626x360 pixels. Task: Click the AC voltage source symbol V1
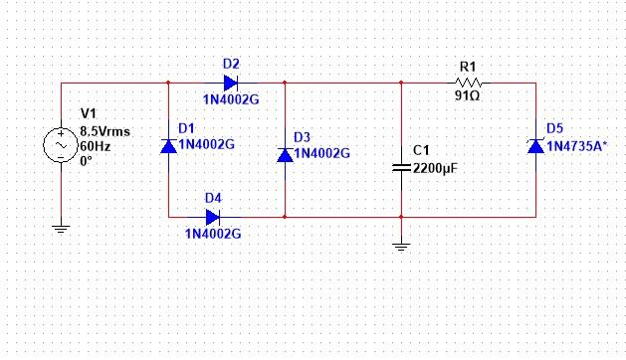pos(61,146)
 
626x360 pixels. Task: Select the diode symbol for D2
pos(230,84)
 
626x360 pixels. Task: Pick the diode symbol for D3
pos(285,154)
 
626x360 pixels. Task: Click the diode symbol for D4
pos(212,217)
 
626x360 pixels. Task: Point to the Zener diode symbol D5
pos(536,146)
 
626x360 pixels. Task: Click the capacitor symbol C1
pos(400,168)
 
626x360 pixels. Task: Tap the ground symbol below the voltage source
pos(61,228)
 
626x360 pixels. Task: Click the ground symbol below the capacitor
pos(400,245)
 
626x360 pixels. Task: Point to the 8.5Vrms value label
pos(104,130)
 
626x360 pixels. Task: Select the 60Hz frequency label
pos(96,144)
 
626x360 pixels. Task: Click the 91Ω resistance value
pos(468,100)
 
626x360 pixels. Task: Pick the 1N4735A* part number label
pos(576,146)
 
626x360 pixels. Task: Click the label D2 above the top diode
pos(231,64)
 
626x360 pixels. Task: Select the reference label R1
pos(468,67)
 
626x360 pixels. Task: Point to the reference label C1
pos(421,151)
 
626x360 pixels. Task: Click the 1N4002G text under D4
pos(213,234)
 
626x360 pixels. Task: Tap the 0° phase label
pos(87,158)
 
